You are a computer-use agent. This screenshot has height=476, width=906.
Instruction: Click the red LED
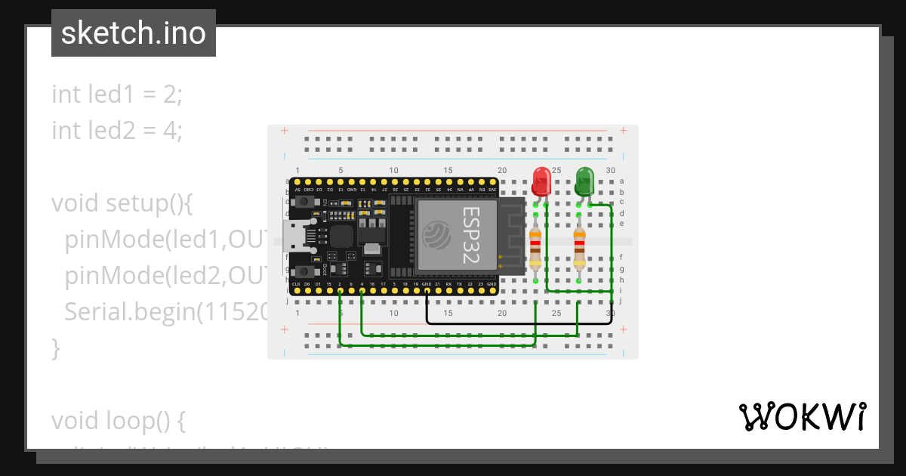tap(541, 181)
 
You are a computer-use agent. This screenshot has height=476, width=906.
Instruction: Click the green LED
tap(584, 181)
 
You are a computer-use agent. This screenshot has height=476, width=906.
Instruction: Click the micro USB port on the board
tap(291, 236)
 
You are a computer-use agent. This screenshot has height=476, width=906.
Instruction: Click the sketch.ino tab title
tap(134, 33)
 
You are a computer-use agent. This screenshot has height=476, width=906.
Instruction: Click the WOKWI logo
tap(802, 416)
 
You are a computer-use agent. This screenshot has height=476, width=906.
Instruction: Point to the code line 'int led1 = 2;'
tap(117, 94)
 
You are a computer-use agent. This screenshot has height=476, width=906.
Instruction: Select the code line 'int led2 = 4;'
tap(117, 130)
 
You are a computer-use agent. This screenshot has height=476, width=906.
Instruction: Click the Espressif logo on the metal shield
tap(439, 235)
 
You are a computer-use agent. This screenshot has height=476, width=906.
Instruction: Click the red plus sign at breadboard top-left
tap(285, 131)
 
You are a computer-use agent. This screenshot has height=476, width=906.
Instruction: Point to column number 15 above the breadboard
tap(448, 171)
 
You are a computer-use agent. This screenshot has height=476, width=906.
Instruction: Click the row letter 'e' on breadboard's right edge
tap(622, 224)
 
